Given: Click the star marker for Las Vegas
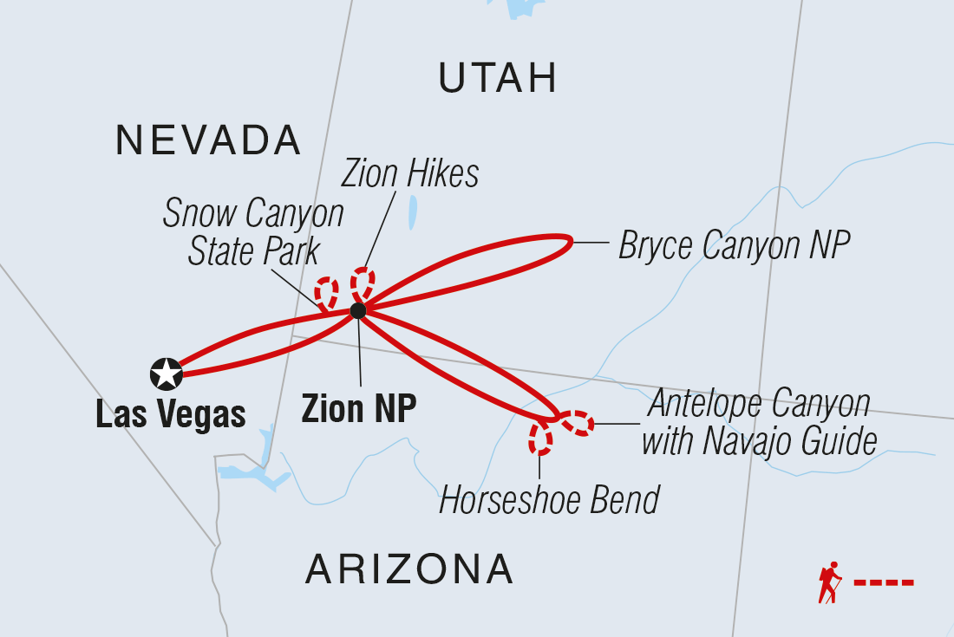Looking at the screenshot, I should coord(166,374).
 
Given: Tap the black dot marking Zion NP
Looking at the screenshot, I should coord(358,310).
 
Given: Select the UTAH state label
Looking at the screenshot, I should coord(497,79).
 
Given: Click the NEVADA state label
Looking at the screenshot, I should coord(208,140).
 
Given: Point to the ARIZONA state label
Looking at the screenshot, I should coord(409,569).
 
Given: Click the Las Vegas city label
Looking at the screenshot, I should coord(171,415).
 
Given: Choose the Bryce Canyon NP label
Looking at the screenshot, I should coord(733,246).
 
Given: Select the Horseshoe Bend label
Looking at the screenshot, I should coord(549,500).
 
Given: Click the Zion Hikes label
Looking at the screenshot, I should coord(409,174).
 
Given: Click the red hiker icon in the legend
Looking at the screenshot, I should coord(830,582).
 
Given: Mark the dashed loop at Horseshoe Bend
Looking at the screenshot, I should coord(541,438).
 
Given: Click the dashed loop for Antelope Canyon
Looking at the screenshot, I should coord(578,423).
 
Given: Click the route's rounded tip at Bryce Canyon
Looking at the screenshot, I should coord(569,244).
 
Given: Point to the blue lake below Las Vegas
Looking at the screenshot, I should coord(247,472).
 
